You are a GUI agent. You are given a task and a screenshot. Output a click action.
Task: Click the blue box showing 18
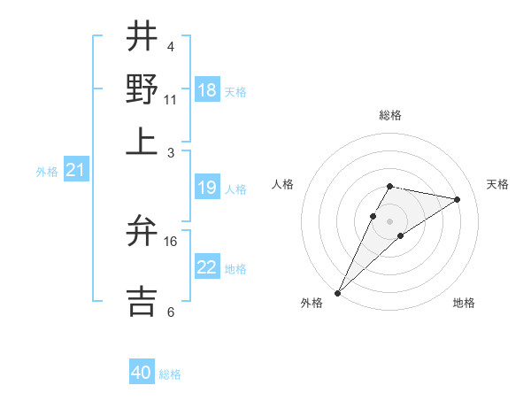coord(207,90)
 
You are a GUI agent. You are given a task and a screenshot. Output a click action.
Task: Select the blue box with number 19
coord(207,188)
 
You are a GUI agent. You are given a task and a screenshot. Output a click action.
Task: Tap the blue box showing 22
coord(207,267)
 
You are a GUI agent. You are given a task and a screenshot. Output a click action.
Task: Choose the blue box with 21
coord(74,170)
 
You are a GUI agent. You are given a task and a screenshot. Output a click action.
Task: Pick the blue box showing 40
coord(142,373)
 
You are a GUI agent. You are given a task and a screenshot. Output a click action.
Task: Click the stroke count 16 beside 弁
coord(172,241)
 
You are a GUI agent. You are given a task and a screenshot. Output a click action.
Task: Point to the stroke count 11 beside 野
coord(171,99)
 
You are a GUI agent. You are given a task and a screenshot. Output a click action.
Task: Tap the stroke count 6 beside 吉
coord(170,312)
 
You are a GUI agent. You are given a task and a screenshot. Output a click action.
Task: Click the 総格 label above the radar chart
coord(390,116)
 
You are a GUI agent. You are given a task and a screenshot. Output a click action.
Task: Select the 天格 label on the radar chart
coord(497,184)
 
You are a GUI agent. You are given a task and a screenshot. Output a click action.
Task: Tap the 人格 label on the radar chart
coord(283,184)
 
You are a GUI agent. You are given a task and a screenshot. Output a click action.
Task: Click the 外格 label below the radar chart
coord(312,304)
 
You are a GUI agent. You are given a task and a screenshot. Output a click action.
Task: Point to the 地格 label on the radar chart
coord(464,304)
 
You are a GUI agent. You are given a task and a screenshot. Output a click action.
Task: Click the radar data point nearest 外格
coord(338,292)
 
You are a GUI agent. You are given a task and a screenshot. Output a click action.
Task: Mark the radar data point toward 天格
coord(458,199)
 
